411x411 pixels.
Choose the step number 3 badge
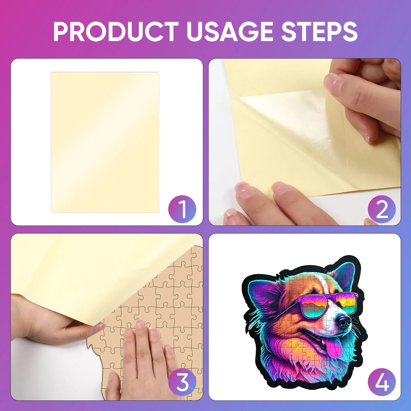click(182, 382)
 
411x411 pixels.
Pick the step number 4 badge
click(382, 382)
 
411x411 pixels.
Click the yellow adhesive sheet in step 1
click(105, 143)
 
